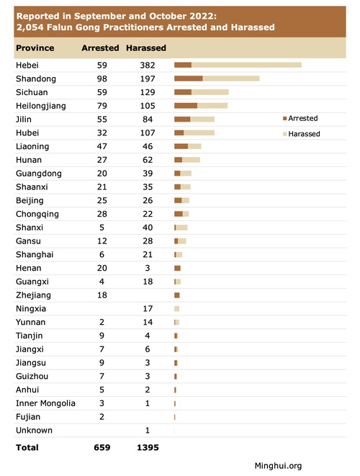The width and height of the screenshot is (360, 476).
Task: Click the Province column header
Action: point(35,48)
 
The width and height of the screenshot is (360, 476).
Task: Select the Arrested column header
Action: point(100,48)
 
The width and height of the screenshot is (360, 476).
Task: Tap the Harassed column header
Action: point(146,48)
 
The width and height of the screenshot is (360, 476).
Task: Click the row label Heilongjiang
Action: point(40,106)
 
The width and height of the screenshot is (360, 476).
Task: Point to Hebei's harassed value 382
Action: point(148,66)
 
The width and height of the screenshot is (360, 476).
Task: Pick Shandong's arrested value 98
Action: point(102,79)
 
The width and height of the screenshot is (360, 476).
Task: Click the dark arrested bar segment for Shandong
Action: point(189,78)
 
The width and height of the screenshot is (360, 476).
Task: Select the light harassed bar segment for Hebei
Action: point(246,65)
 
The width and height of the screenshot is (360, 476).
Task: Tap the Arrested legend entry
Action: point(300,118)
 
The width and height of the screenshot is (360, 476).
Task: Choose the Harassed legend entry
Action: point(302,134)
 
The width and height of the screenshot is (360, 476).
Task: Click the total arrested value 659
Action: point(102,447)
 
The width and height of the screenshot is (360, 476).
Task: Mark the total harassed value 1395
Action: point(148,447)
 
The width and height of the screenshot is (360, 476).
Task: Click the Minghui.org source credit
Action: point(278,466)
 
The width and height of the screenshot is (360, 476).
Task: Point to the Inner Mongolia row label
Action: point(45,403)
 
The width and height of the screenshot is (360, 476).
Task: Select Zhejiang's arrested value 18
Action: point(102,295)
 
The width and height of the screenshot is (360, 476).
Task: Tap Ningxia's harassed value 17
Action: point(148,309)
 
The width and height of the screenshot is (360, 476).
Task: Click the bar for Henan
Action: point(178,268)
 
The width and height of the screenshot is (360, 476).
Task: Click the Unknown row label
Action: point(34,431)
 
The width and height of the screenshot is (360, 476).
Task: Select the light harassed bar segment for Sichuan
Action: point(210,92)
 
